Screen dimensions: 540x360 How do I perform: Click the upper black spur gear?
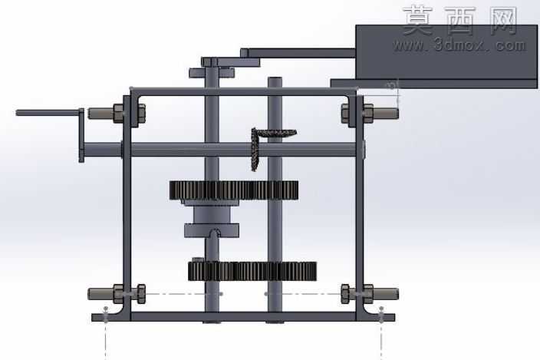click(x=234, y=190)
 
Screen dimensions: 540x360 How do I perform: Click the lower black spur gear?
click(x=252, y=271)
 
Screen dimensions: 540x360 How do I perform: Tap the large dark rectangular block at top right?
click(x=446, y=52)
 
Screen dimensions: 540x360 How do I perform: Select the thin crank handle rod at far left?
click(x=48, y=113)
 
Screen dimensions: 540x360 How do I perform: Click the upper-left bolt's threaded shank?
click(x=100, y=114)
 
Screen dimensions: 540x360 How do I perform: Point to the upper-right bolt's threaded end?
click(x=386, y=113)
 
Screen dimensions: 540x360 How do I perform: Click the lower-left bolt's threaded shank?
click(x=100, y=294)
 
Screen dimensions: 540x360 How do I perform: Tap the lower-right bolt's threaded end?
click(x=386, y=294)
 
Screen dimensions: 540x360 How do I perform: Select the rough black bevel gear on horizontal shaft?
click(x=255, y=149)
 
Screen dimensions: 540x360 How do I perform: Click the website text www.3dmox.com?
click(x=459, y=45)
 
